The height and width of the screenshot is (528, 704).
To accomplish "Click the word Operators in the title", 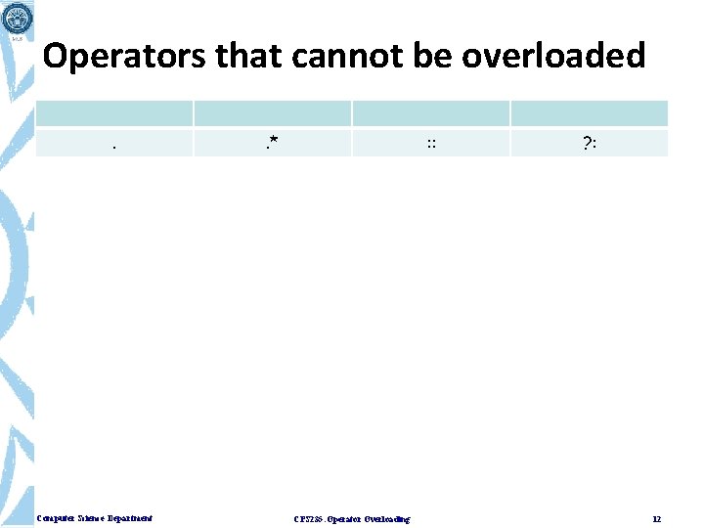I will point(124,57).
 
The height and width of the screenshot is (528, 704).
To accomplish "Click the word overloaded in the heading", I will point(553,57).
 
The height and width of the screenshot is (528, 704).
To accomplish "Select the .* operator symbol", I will point(272,145).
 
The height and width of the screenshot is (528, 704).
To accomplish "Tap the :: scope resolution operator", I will point(430,144).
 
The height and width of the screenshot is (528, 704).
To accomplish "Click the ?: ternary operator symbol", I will point(589,144).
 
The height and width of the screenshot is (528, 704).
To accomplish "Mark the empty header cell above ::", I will point(430,113).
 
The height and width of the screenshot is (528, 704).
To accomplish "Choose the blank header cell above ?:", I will point(589,113).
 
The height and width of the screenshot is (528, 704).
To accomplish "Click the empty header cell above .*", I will point(272,113).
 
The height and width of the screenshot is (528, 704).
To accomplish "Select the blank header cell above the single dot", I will point(114,113).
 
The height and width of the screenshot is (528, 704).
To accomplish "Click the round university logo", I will point(17,17).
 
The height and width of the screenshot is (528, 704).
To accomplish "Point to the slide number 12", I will point(657,518).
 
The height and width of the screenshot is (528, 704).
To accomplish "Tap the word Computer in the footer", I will point(55,518).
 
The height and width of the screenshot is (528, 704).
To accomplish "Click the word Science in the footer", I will point(93,518).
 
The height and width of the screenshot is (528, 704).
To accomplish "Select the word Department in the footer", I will point(132,518).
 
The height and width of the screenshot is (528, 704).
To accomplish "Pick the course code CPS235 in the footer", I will point(306,518).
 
